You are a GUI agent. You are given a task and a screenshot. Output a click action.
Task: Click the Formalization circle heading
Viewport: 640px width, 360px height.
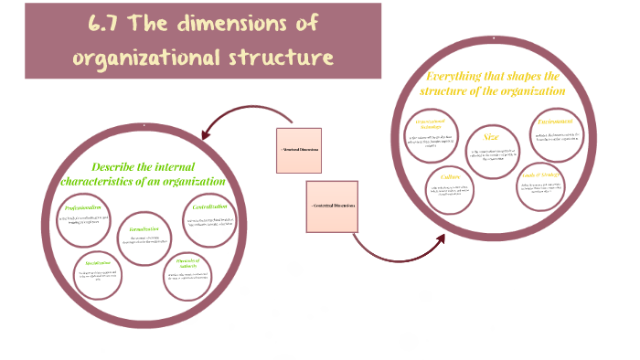pyautogui.click(x=144, y=228)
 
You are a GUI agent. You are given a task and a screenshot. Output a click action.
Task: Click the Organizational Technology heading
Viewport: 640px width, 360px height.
pyautogui.click(x=435, y=123)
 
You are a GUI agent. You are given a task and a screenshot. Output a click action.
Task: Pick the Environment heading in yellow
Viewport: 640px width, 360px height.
pyautogui.click(x=555, y=121)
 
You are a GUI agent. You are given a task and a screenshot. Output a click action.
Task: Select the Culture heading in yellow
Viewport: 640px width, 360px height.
pyautogui.click(x=450, y=178)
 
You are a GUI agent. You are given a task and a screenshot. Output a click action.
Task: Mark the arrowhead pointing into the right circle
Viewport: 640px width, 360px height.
pyautogui.click(x=441, y=239)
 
